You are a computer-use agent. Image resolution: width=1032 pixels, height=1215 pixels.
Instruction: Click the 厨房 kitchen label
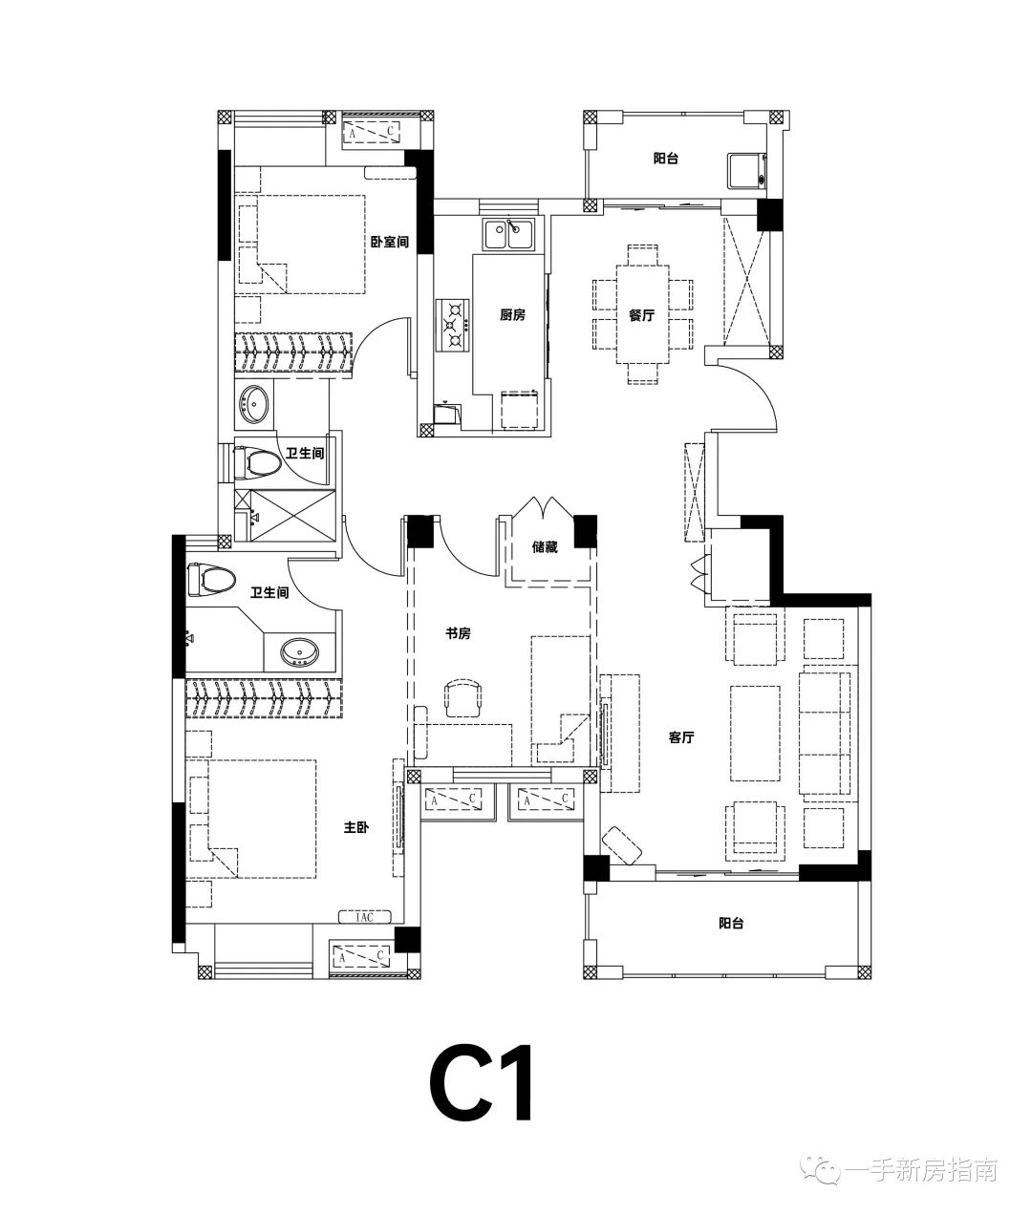click(512, 315)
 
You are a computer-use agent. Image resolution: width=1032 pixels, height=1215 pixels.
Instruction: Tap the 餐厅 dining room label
click(641, 315)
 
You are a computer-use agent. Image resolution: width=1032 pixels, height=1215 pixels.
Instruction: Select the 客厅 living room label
click(681, 737)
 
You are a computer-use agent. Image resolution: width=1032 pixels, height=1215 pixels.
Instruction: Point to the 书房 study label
click(458, 633)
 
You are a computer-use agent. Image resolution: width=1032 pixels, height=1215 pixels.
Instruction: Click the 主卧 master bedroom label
click(356, 827)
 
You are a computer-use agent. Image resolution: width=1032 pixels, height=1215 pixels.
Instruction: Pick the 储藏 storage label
click(545, 547)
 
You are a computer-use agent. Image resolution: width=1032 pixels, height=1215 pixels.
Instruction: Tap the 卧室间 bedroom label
click(389, 242)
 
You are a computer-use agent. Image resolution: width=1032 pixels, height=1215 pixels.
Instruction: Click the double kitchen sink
click(508, 235)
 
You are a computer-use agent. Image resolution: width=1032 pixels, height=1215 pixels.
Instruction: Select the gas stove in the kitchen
click(453, 325)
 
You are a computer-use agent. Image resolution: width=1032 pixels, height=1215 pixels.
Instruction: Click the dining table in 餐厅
click(642, 314)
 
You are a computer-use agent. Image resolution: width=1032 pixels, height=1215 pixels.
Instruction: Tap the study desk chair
click(463, 698)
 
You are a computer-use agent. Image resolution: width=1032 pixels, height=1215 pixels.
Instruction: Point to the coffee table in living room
click(756, 733)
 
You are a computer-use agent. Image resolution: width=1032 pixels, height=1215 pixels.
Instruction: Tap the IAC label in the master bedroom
click(365, 917)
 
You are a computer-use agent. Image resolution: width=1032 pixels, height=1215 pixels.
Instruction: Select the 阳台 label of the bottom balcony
click(731, 924)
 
